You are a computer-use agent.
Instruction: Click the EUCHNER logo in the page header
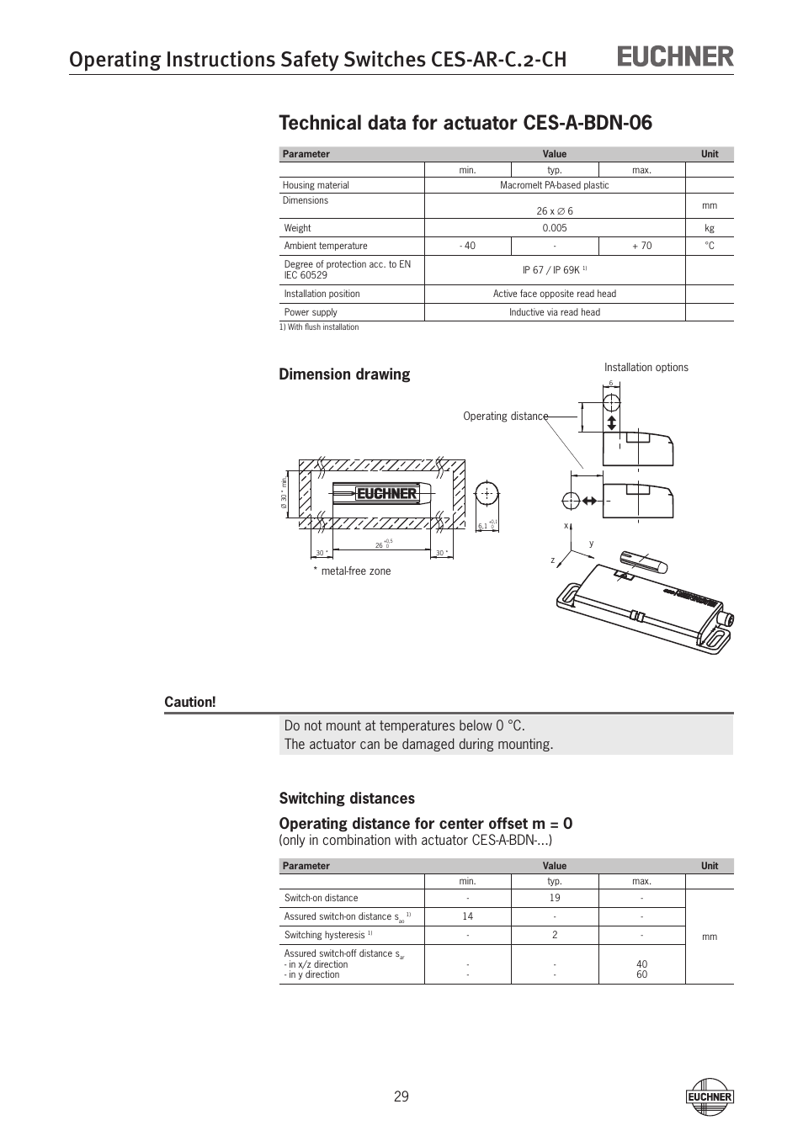click(x=676, y=56)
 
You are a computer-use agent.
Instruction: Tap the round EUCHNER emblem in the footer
click(x=710, y=1096)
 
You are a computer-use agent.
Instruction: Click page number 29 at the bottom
click(x=401, y=1096)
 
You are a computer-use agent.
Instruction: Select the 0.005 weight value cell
click(x=554, y=228)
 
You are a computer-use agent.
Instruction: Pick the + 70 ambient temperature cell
click(x=641, y=246)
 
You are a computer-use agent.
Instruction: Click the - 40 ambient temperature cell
click(x=467, y=246)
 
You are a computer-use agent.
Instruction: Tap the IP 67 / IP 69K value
click(x=552, y=270)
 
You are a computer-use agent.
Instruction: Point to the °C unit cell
click(x=710, y=246)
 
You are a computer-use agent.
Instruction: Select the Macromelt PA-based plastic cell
click(x=554, y=185)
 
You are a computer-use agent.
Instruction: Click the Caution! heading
click(x=190, y=702)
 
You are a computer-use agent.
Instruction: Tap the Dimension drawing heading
click(x=344, y=374)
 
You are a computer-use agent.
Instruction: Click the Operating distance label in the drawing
click(x=505, y=417)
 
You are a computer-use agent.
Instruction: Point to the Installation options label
click(x=646, y=368)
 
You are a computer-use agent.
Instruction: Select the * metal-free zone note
click(x=352, y=571)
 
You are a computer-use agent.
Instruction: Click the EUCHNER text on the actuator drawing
click(x=386, y=494)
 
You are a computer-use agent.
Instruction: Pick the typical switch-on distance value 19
click(x=554, y=898)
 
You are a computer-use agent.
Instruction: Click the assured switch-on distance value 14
click(x=467, y=916)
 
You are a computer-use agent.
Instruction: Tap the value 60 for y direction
click(x=641, y=974)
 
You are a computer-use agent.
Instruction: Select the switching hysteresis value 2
click(x=554, y=935)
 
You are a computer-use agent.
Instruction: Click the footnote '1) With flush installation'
click(x=319, y=327)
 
